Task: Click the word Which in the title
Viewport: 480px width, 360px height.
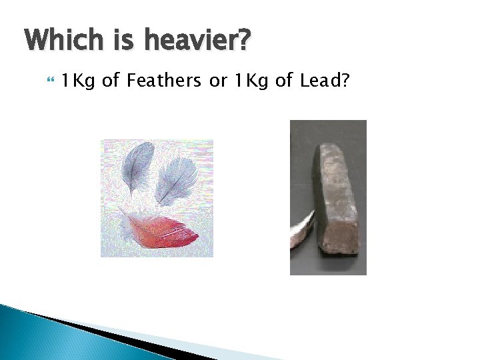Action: (63, 41)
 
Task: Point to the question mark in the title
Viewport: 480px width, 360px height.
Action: (244, 41)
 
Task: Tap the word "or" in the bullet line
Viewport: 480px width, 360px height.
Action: (218, 82)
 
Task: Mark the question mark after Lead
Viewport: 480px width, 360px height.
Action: (347, 81)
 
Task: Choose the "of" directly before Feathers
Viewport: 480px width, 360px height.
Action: (111, 81)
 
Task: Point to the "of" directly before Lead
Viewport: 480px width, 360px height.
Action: (283, 81)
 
